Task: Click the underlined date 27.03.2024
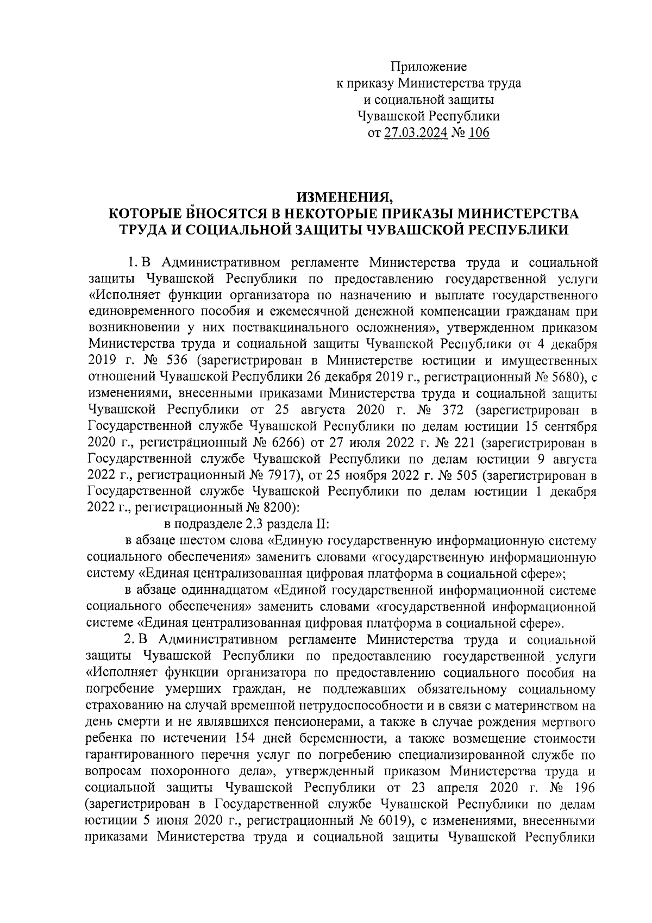coord(416,132)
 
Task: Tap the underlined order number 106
coord(478,132)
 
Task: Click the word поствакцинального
coord(287,328)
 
